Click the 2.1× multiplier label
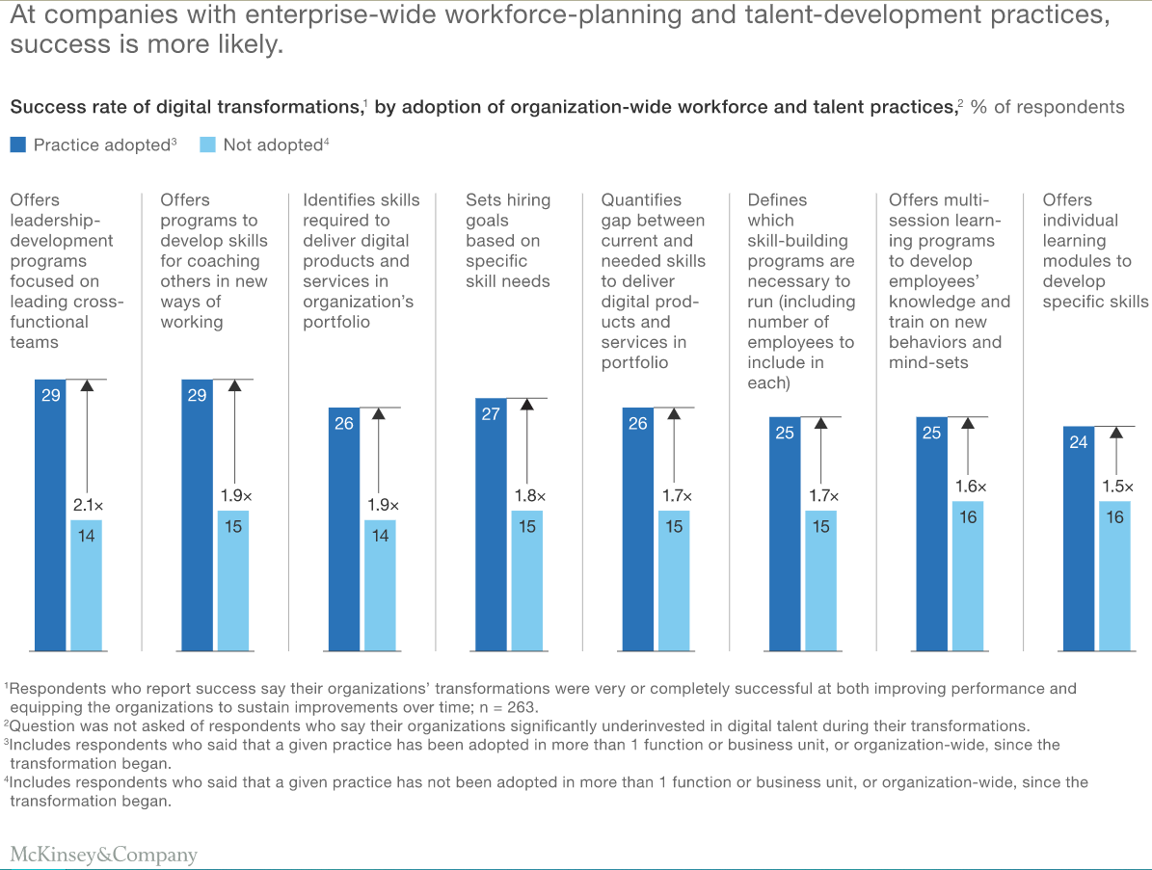click(87, 505)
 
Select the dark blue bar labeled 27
click(491, 525)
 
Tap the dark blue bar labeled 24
click(1079, 540)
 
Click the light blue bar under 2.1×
click(86, 586)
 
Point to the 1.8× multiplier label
click(527, 495)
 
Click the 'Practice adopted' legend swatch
click(17, 145)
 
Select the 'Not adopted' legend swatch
click(207, 145)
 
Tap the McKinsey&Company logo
click(103, 854)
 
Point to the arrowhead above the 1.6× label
click(968, 425)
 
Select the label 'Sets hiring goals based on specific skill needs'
click(508, 241)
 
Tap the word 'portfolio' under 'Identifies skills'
click(336, 322)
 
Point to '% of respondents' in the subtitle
click(1047, 107)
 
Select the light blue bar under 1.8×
click(527, 581)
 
